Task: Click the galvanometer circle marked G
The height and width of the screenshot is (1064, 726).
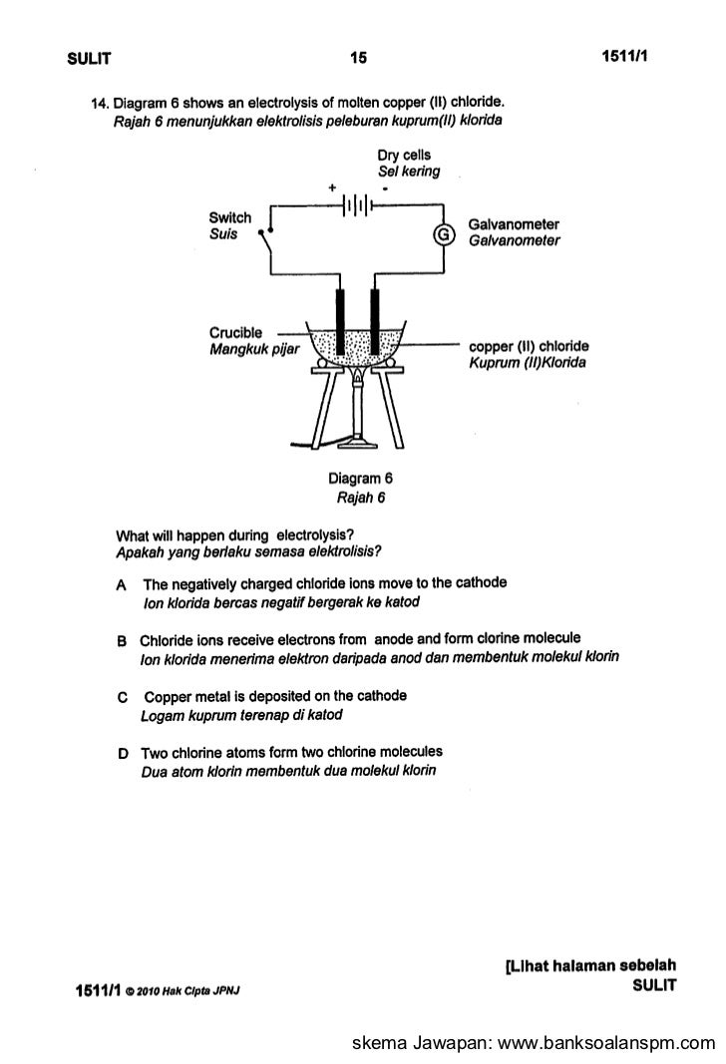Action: [443, 234]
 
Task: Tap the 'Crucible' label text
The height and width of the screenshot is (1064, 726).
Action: [235, 332]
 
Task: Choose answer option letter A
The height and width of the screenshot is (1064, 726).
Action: [121, 583]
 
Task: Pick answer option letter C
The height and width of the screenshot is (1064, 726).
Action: [121, 696]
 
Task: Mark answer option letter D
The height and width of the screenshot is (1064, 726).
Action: [121, 752]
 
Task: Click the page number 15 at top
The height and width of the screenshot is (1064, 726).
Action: [358, 59]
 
